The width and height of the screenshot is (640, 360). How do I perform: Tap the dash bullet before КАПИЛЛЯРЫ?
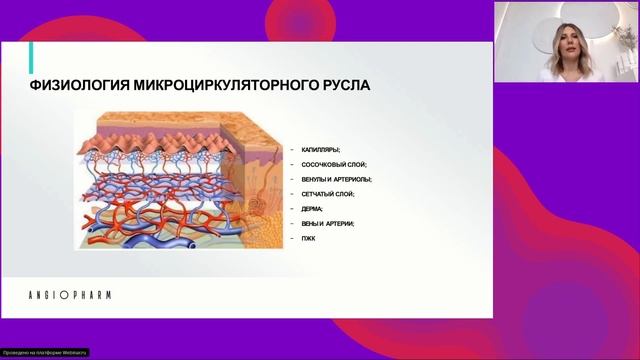290,149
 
